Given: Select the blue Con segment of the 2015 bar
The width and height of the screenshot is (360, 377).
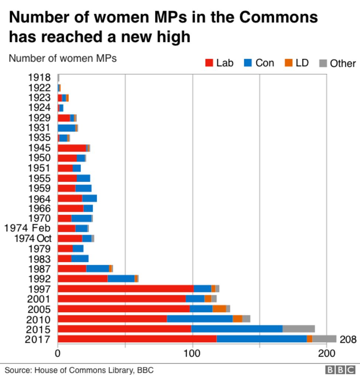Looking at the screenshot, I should click(x=237, y=329).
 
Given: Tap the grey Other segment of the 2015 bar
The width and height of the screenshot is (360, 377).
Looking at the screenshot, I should click(x=298, y=329).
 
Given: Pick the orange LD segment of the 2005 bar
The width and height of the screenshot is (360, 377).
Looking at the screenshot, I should click(x=219, y=309).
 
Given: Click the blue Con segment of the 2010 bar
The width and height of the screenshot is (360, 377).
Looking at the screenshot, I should click(x=200, y=319).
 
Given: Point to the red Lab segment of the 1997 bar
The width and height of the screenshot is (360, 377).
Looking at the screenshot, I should click(x=125, y=289).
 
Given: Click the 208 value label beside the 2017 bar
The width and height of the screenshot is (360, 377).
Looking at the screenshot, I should click(x=348, y=339).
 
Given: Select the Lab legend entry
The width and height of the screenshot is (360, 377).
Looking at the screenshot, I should click(x=219, y=63).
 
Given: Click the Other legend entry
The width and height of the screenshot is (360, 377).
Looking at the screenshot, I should click(x=337, y=64).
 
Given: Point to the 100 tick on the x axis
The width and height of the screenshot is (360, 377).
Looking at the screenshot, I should click(x=192, y=353).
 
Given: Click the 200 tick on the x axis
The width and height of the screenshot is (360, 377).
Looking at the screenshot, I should click(x=326, y=353).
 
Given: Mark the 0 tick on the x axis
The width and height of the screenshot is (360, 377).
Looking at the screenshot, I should click(x=58, y=353).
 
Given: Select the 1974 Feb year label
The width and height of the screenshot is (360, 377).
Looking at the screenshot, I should click(x=27, y=228).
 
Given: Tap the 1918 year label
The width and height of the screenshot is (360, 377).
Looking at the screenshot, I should click(x=39, y=78).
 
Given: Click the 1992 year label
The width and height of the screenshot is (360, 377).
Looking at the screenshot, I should click(x=39, y=279).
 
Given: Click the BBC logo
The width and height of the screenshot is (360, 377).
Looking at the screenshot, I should click(x=340, y=370).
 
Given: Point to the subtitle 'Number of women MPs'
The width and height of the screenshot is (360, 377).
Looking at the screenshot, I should click(x=62, y=58).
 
